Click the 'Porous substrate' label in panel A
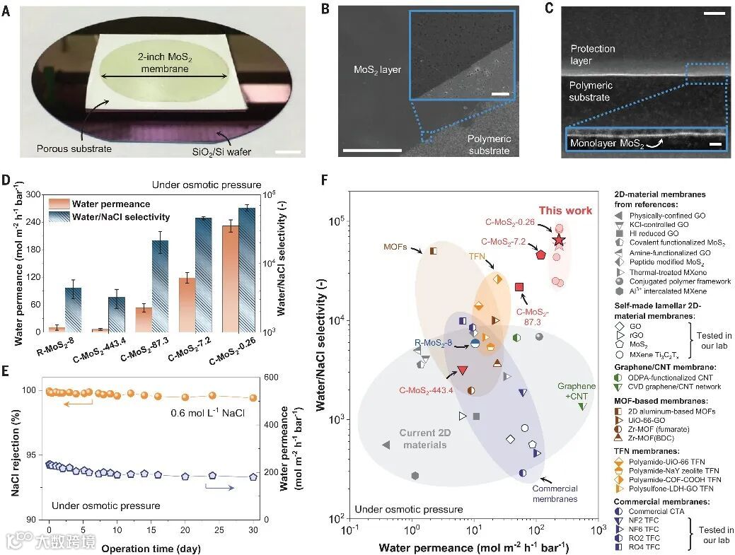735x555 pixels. (x=74, y=149)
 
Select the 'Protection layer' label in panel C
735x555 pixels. (x=593, y=54)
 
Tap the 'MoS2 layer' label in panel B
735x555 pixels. (x=377, y=69)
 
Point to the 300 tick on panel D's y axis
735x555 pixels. (x=31, y=194)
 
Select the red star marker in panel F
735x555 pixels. (x=559, y=240)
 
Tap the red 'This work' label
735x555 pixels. (x=562, y=210)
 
